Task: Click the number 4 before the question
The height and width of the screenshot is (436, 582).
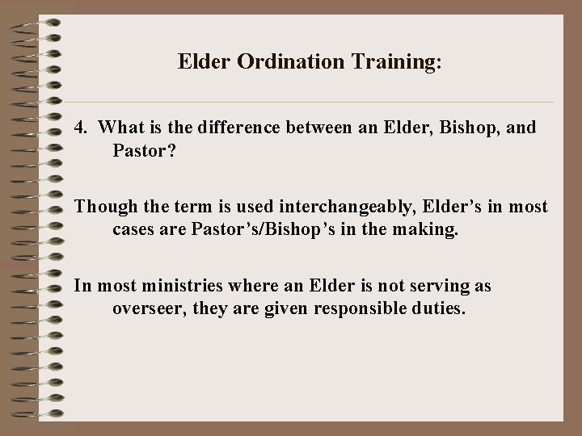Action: click(79, 128)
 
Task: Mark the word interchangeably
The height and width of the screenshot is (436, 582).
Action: click(310, 207)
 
